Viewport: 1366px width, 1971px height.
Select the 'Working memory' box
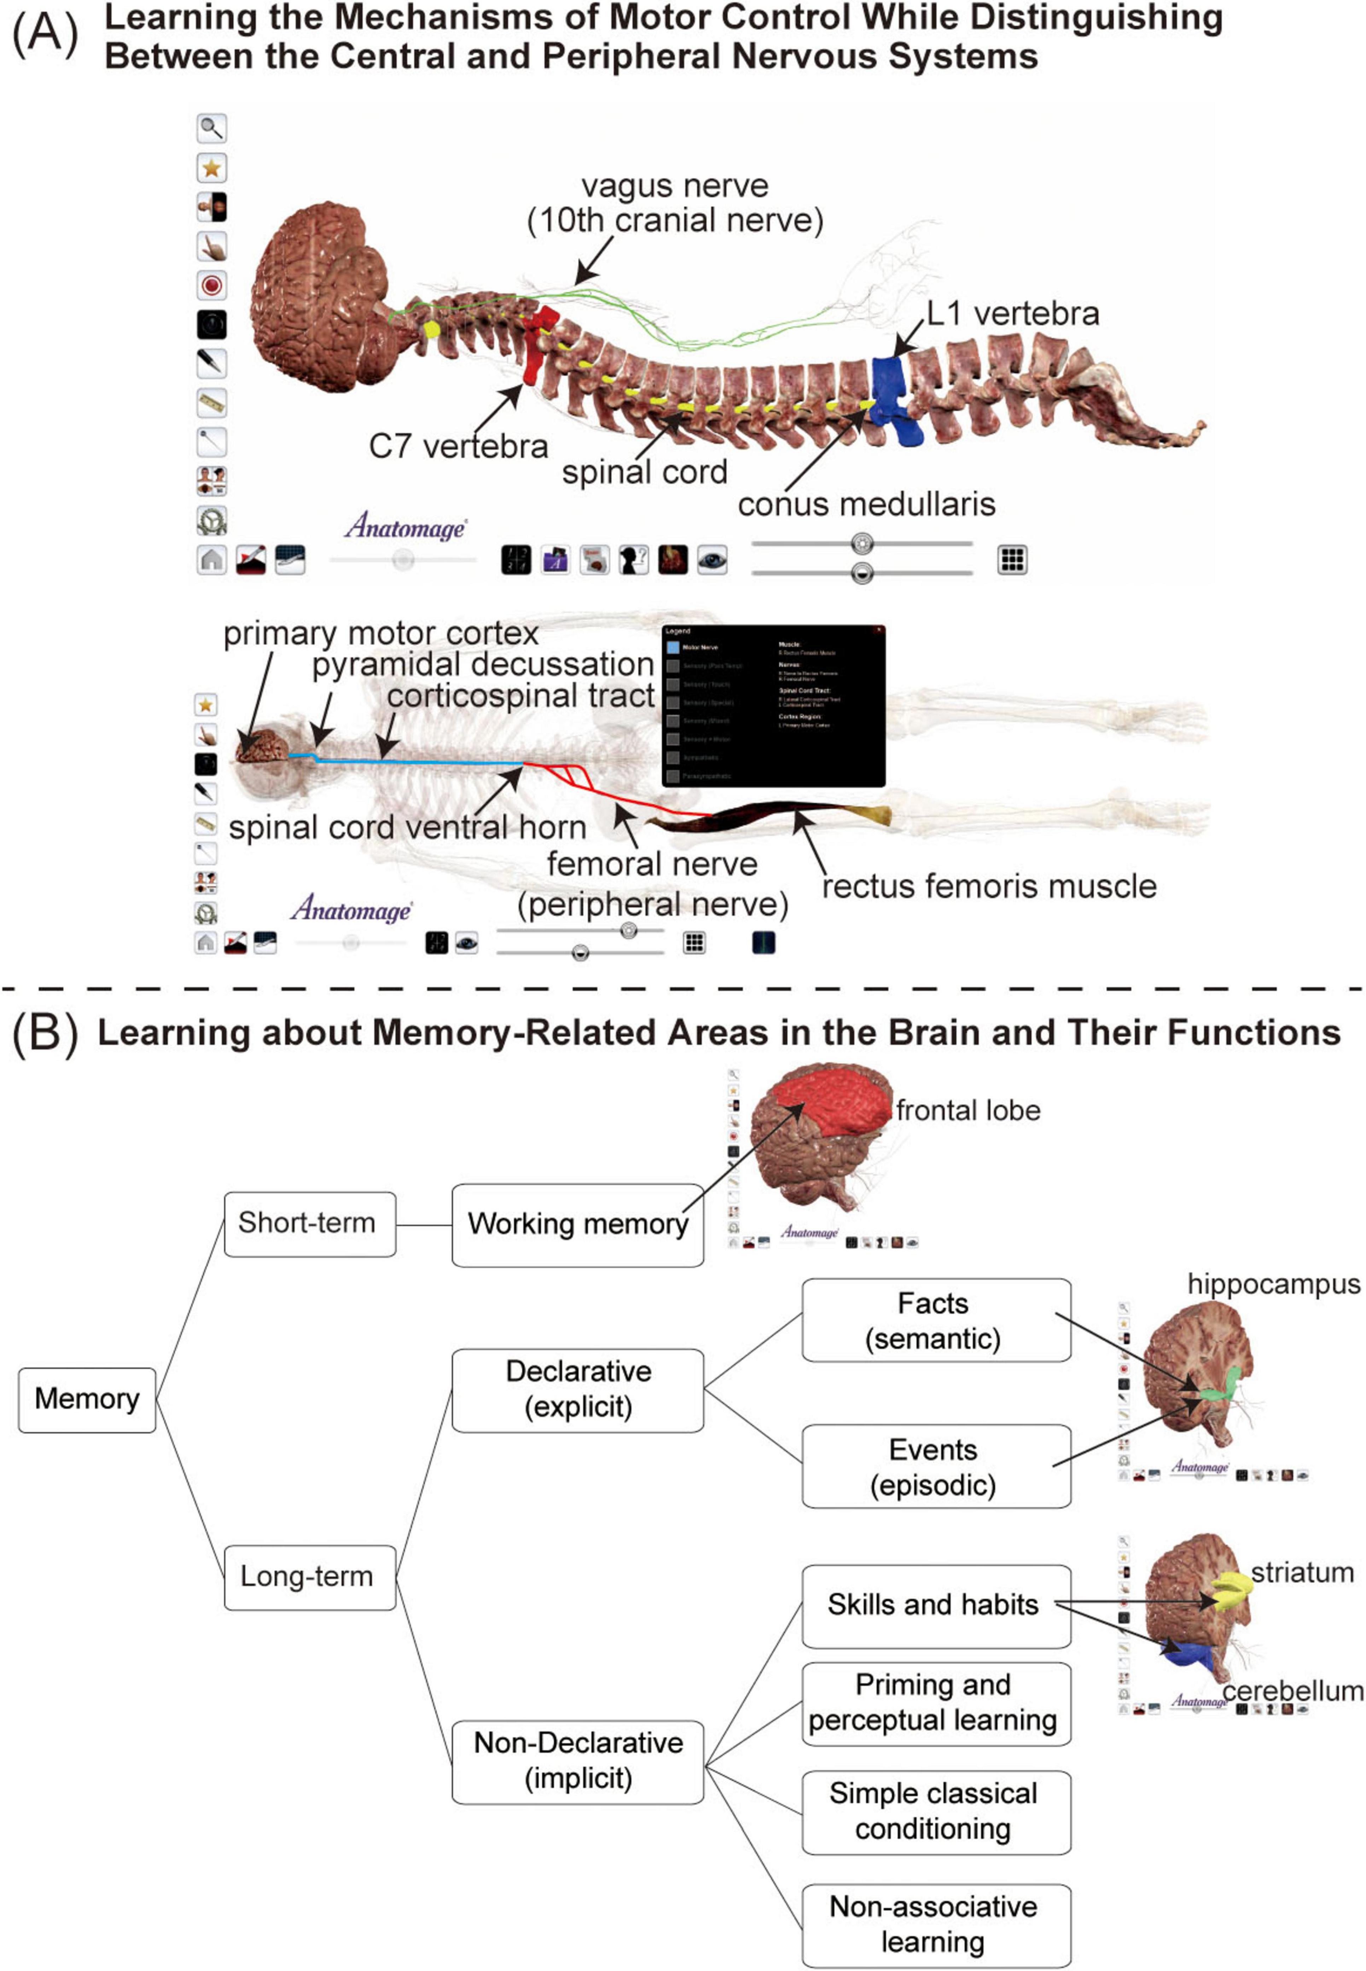578,1224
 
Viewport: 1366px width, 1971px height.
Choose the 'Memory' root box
86,1399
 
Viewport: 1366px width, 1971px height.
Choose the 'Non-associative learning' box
936,1925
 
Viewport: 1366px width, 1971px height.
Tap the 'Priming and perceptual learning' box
936,1703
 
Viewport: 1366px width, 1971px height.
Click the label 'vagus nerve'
674,186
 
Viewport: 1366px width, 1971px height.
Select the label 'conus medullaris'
866,504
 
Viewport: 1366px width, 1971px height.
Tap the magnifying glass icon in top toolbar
211,128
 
